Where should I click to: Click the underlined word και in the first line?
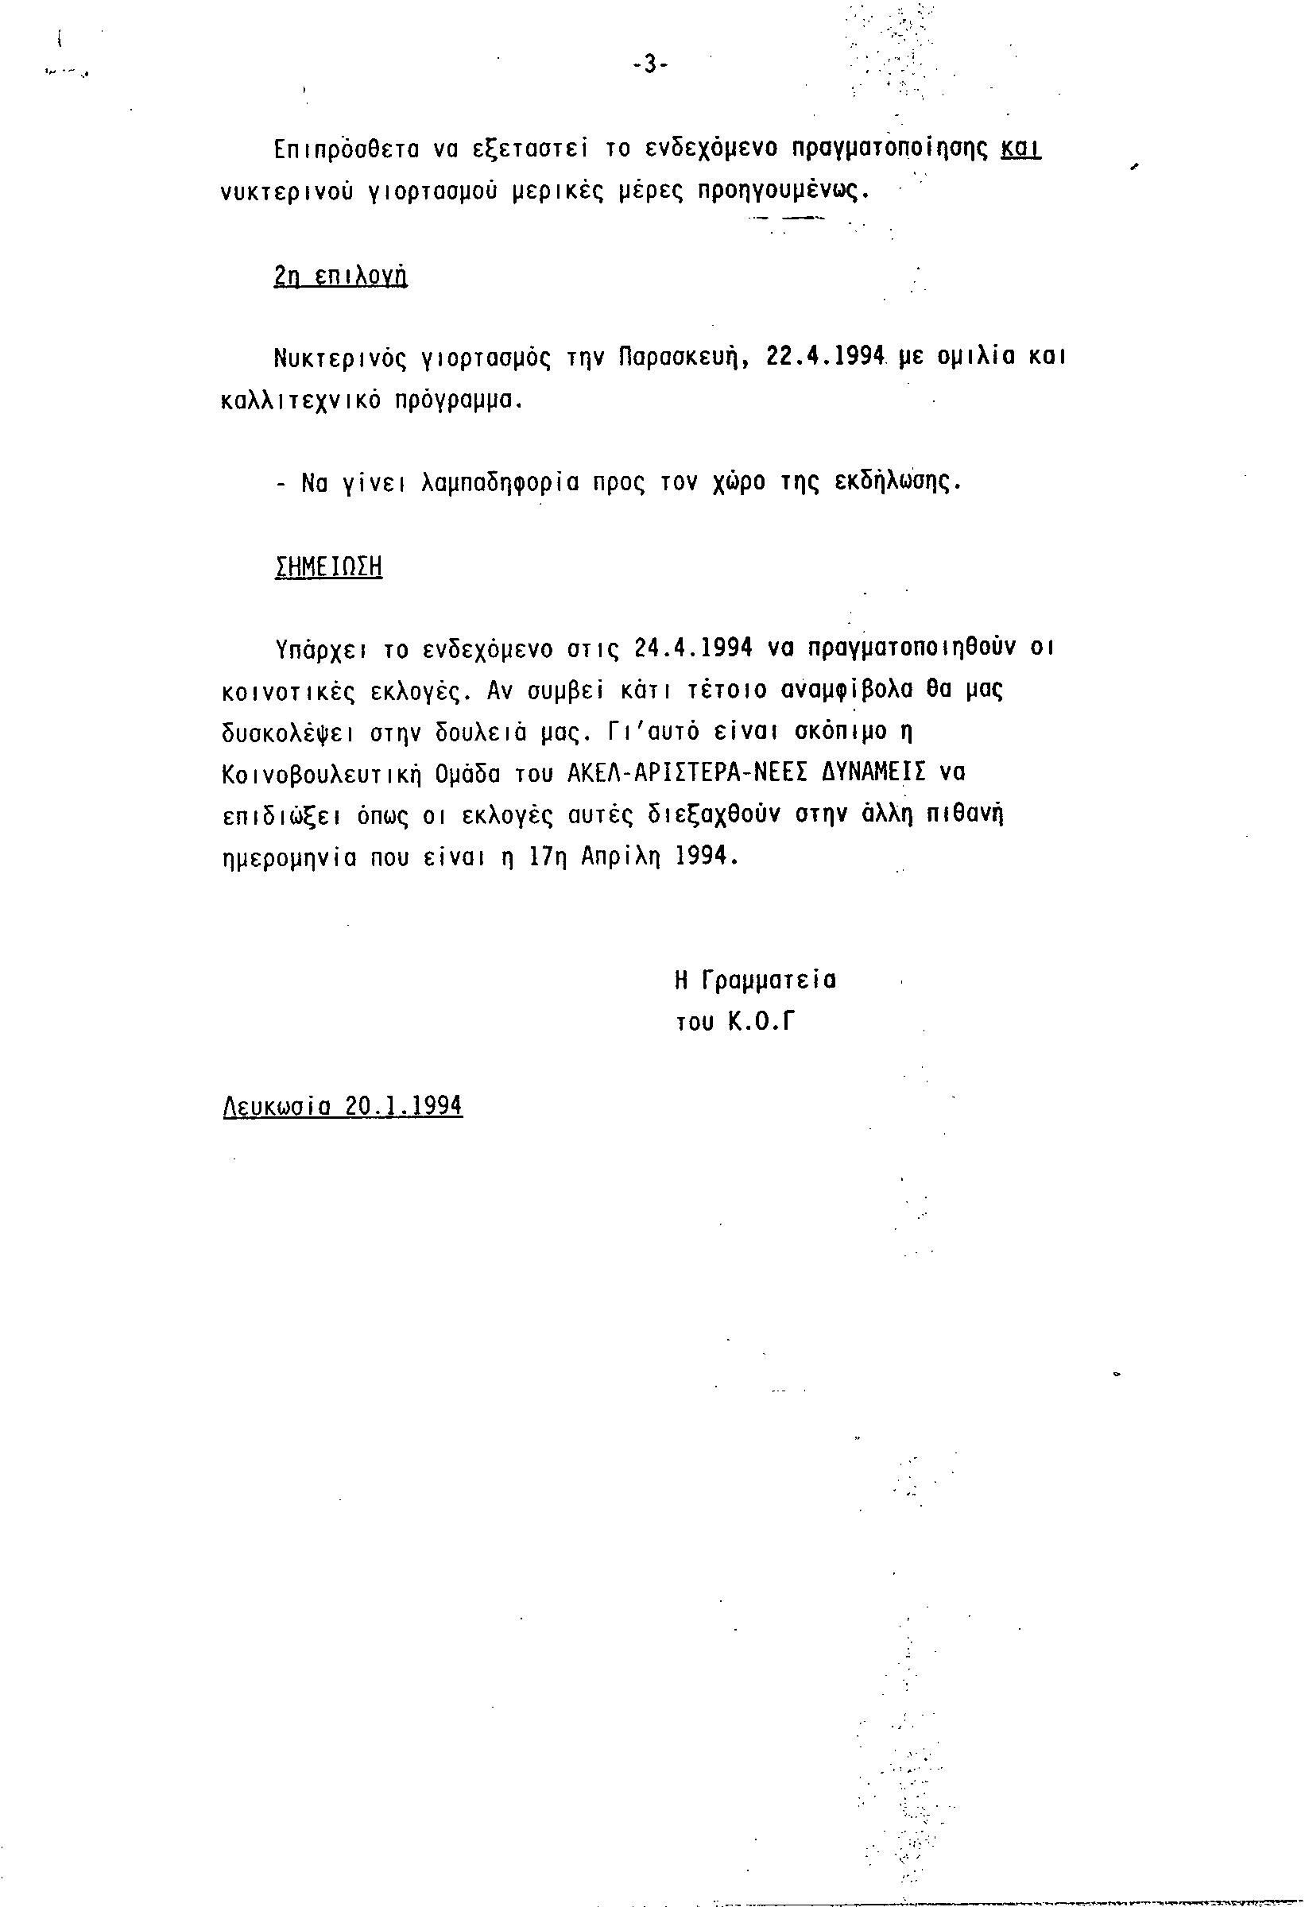point(1022,149)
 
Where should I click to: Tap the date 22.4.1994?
point(824,357)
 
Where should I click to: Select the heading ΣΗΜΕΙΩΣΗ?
point(328,567)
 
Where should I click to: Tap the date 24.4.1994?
point(694,648)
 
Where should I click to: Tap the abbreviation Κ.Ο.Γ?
point(762,1023)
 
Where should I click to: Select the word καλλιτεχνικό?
point(301,400)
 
